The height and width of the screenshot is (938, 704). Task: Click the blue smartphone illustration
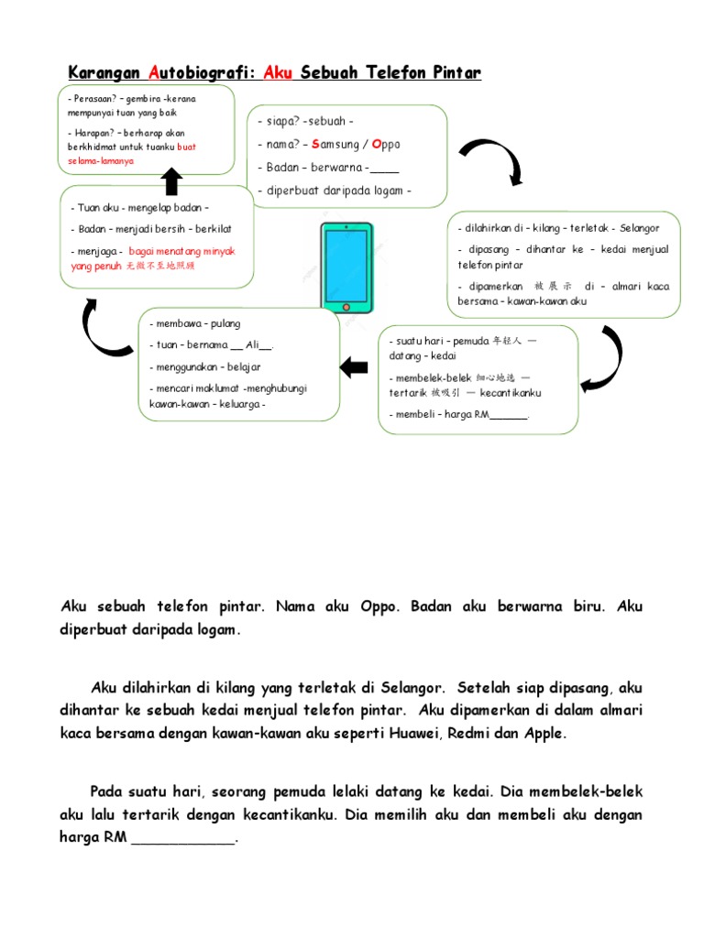tap(346, 267)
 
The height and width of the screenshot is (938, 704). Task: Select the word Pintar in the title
tap(451, 72)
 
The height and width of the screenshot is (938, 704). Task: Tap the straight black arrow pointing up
tap(171, 181)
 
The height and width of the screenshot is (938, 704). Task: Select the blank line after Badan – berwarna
tap(386, 169)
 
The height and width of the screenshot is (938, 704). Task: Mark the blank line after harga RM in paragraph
tap(183, 837)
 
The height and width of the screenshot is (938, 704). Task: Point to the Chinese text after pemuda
tap(506, 340)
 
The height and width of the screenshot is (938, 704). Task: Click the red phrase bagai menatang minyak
tap(181, 251)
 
